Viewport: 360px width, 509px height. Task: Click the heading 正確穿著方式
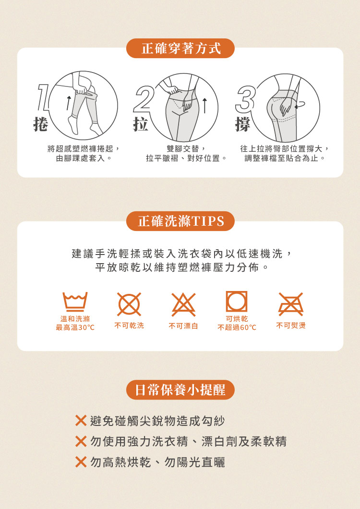coord(181,48)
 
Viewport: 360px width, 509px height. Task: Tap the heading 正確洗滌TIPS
coord(181,221)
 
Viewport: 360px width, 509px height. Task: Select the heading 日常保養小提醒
coord(180,389)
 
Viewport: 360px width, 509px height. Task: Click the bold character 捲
coord(41,124)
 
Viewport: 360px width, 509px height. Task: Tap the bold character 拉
coord(141,124)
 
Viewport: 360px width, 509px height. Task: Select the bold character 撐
coord(243,125)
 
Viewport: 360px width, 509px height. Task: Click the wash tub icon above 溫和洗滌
coord(75,302)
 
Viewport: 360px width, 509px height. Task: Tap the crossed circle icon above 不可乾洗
coord(129,304)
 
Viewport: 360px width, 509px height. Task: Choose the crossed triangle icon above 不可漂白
coord(183,304)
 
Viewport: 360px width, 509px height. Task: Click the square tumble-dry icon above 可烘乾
coord(237,302)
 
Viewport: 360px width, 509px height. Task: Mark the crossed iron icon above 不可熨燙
coord(291,304)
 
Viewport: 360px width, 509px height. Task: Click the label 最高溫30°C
coord(75,327)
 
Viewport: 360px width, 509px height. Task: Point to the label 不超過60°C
coord(237,327)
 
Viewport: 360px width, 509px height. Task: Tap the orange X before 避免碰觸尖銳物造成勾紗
coord(81,421)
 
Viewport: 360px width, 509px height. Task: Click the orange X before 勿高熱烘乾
coord(81,461)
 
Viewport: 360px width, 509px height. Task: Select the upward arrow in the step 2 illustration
coord(204,106)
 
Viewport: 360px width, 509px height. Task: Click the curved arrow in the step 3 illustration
coord(300,105)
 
